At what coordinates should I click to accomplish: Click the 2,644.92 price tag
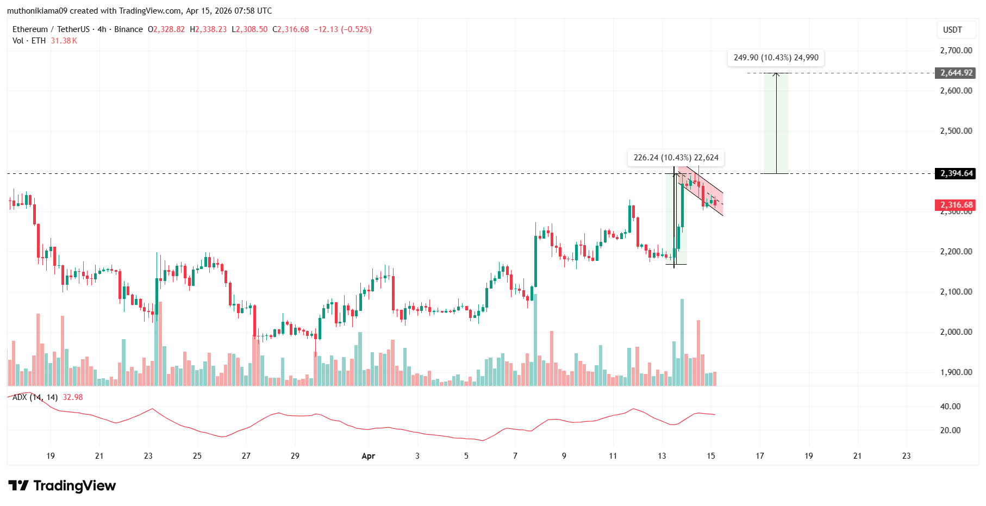[x=955, y=73]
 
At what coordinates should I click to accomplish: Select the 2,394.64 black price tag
[x=955, y=173]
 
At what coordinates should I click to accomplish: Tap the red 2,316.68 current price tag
[x=955, y=205]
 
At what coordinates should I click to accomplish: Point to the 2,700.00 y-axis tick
[x=956, y=51]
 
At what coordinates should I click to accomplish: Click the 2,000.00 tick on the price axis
[x=956, y=332]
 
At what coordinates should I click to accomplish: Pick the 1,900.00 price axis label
[x=956, y=372]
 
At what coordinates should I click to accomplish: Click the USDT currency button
[x=952, y=30]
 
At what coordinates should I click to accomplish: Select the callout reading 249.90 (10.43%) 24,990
[x=776, y=58]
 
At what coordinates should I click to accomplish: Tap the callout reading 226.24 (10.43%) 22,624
[x=676, y=158]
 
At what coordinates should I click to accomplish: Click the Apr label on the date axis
[x=369, y=456]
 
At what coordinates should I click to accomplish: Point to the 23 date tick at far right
[x=906, y=456]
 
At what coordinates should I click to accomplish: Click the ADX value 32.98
[x=73, y=397]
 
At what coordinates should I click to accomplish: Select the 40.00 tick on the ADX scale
[x=950, y=407]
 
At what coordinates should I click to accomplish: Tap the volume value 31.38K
[x=64, y=41]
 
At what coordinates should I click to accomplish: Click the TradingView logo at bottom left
[x=62, y=485]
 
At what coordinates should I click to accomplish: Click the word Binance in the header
[x=128, y=29]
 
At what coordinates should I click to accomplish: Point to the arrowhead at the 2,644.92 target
[x=776, y=74]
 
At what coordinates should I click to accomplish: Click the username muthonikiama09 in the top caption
[x=36, y=11]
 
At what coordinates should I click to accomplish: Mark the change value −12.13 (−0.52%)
[x=342, y=29]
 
